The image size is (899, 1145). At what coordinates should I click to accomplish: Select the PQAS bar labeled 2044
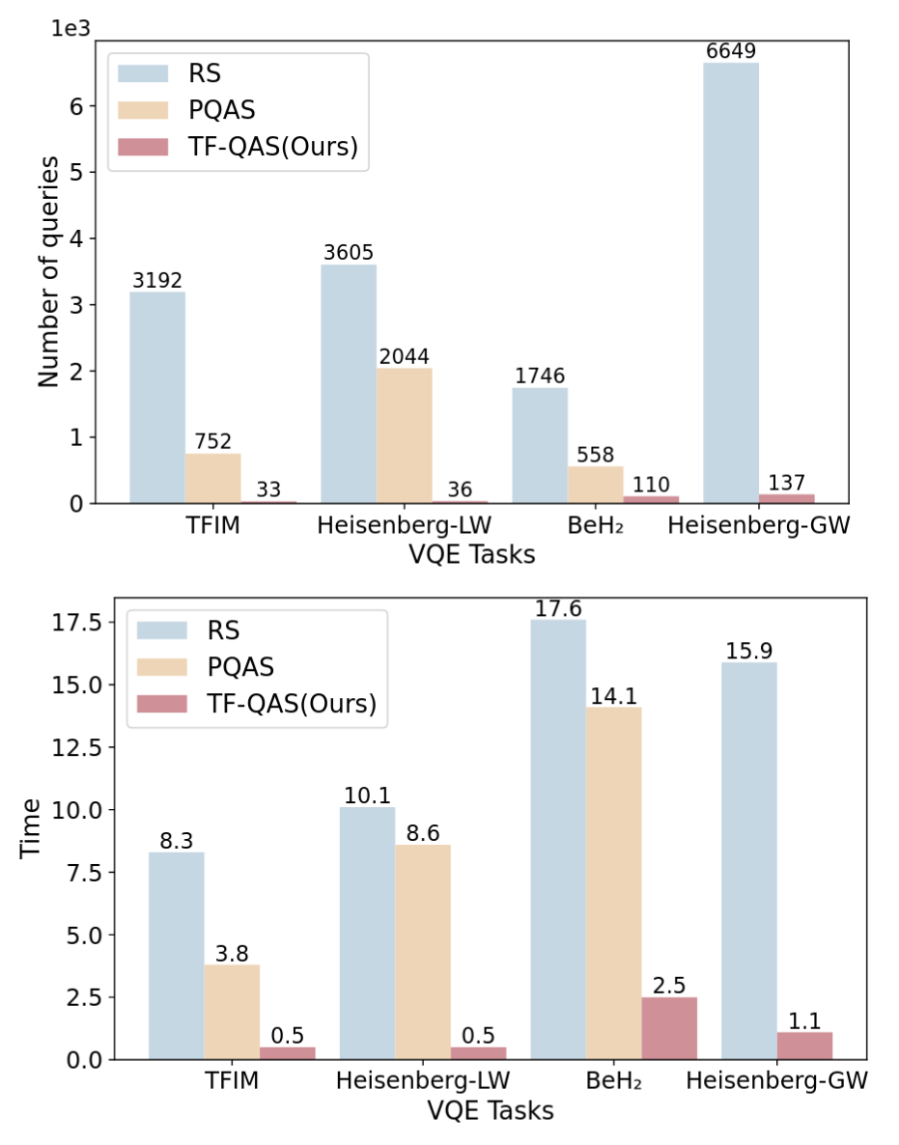(x=405, y=435)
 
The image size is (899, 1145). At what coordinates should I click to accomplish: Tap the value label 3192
(x=157, y=281)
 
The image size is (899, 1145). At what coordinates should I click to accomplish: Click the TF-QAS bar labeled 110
(x=652, y=499)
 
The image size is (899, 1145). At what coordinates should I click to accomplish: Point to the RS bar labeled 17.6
(x=558, y=839)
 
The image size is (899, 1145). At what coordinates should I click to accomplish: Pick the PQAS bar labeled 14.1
(x=613, y=882)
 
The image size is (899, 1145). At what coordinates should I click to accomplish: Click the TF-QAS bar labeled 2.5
(x=669, y=1028)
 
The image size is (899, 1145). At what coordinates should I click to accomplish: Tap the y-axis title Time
(x=32, y=828)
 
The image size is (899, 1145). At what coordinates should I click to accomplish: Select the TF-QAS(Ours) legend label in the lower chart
(x=290, y=704)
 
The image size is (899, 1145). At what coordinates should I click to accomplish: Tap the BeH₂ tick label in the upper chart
(x=597, y=527)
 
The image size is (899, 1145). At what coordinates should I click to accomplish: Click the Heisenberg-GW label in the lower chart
(x=775, y=1082)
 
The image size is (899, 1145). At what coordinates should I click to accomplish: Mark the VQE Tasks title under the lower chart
(x=491, y=1111)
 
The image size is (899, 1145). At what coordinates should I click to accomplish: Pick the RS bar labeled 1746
(x=540, y=445)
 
